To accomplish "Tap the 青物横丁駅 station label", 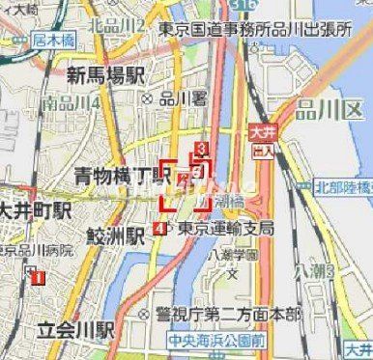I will [x=123, y=177].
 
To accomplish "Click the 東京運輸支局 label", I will [x=225, y=229].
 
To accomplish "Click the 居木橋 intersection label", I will [x=52, y=41].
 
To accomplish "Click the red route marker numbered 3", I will [x=201, y=148].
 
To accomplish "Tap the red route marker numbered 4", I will [x=158, y=229].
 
